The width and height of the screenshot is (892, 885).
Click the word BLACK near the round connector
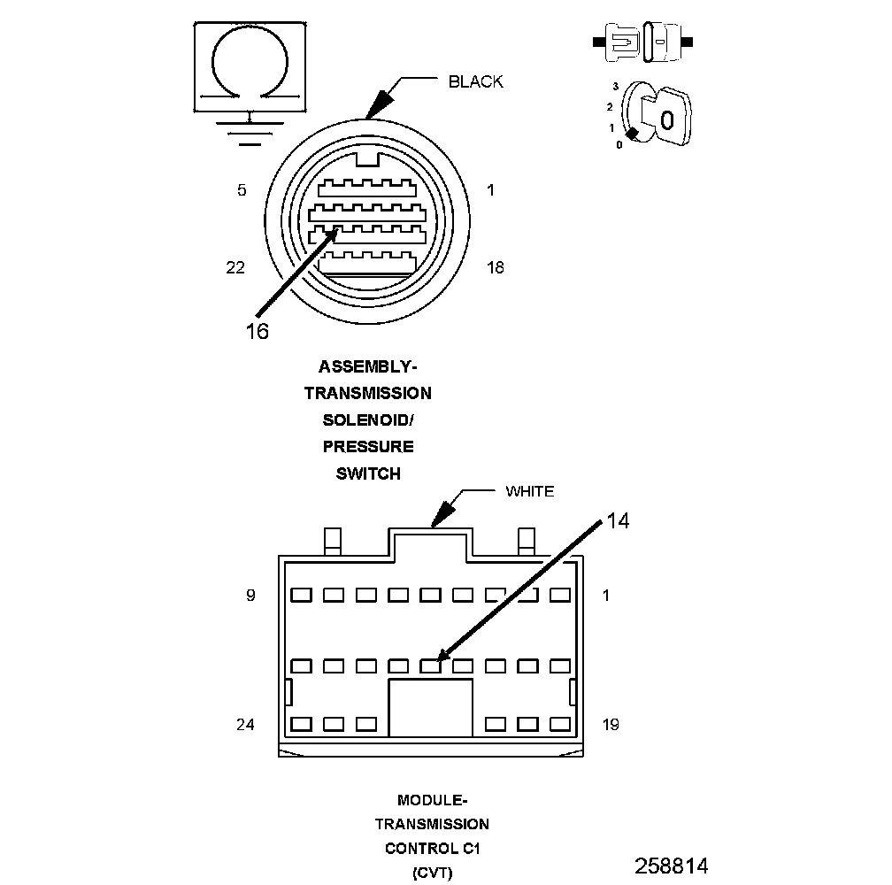pos(475,82)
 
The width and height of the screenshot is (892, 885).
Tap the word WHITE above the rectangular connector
pos(529,491)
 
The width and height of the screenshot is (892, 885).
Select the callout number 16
pos(257,331)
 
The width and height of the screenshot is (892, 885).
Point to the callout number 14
pos(618,521)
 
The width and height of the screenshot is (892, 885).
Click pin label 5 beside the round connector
pos(242,190)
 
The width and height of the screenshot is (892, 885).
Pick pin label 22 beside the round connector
pos(235,267)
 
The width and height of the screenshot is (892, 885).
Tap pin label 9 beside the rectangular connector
pos(250,596)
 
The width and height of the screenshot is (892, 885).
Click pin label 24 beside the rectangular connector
pos(245,725)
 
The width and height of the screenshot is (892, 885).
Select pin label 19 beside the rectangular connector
pos(610,725)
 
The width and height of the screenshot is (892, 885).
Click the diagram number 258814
pos(671,865)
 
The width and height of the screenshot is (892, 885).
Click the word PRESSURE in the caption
pos(367,446)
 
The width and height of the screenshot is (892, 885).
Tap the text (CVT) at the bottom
pos(432,873)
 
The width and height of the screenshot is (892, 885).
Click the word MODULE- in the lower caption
pos(432,801)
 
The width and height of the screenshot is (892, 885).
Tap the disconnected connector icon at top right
pos(643,42)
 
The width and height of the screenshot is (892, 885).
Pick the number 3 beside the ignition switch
pos(614,87)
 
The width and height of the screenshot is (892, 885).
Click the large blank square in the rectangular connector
pos(431,707)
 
